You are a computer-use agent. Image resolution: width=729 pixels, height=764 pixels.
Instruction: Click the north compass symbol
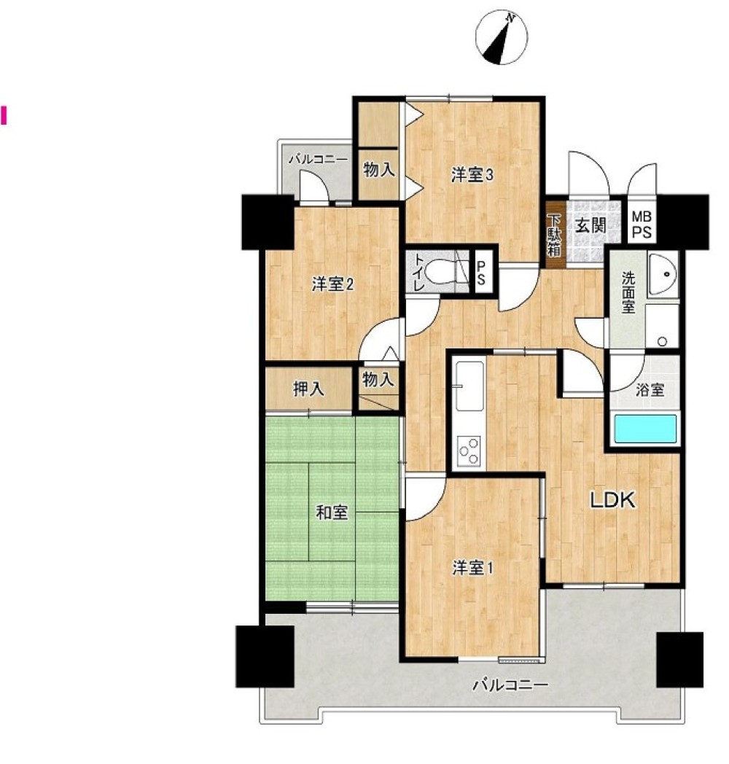click(x=502, y=38)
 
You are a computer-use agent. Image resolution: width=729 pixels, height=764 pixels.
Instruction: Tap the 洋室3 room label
click(x=472, y=175)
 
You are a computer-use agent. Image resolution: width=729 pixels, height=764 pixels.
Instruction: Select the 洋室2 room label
click(x=332, y=284)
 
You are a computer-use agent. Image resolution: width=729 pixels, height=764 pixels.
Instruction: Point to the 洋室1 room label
click(x=472, y=568)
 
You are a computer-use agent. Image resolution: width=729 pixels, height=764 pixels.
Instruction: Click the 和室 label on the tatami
click(x=332, y=512)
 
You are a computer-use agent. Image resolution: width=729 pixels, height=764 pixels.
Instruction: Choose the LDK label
click(x=613, y=500)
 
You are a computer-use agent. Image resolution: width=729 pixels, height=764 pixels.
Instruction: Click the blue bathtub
click(x=645, y=429)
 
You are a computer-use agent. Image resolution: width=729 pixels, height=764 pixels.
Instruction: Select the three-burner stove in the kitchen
click(x=469, y=451)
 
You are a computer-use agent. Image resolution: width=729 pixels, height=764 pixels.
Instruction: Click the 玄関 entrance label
click(x=590, y=225)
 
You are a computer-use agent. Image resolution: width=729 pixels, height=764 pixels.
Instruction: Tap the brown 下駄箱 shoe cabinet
click(x=555, y=235)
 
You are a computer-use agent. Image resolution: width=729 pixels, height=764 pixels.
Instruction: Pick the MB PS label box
click(x=642, y=224)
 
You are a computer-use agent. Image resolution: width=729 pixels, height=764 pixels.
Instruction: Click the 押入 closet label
click(x=308, y=389)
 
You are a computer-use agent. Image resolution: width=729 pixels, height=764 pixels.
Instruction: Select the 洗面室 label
click(x=628, y=292)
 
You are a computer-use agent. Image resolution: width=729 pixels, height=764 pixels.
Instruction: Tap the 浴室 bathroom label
click(x=650, y=390)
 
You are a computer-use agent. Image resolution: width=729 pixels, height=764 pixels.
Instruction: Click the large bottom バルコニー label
click(x=511, y=685)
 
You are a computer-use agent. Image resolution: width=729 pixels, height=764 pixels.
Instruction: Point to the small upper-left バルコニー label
click(x=318, y=160)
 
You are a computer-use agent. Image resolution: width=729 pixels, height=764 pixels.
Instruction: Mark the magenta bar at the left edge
click(x=4, y=116)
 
